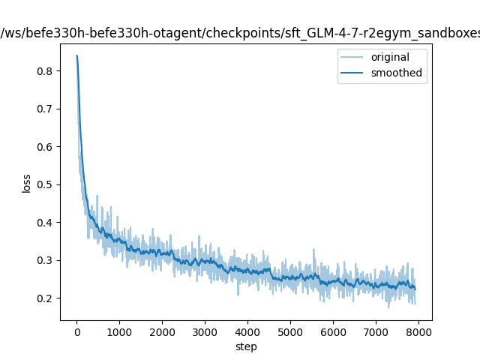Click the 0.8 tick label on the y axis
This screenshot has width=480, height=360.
click(x=45, y=71)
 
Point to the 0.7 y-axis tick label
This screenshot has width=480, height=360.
click(x=45, y=109)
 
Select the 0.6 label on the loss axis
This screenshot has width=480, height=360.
click(x=45, y=147)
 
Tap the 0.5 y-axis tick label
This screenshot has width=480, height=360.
click(x=45, y=185)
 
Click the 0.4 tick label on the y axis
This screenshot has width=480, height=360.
click(x=45, y=223)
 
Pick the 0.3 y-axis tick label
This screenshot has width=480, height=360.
click(x=45, y=260)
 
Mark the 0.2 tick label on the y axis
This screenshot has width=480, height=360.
click(x=45, y=298)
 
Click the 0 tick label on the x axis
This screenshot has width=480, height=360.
click(x=77, y=332)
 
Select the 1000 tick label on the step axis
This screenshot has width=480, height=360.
click(x=119, y=332)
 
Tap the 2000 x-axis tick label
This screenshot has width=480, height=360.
click(x=162, y=332)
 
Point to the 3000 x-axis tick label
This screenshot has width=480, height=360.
click(x=205, y=332)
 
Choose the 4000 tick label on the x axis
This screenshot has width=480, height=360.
click(x=247, y=332)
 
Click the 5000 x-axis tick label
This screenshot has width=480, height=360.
click(x=290, y=332)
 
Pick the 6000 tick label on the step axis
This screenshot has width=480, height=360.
click(x=333, y=332)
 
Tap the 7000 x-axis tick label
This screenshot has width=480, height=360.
click(x=376, y=332)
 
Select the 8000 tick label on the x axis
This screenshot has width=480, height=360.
click(x=418, y=332)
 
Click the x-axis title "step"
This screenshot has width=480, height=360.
click(x=246, y=346)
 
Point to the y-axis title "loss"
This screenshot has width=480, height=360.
click(x=26, y=184)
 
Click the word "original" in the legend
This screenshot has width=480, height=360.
click(x=390, y=57)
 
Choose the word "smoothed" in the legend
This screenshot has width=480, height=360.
click(x=397, y=73)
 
